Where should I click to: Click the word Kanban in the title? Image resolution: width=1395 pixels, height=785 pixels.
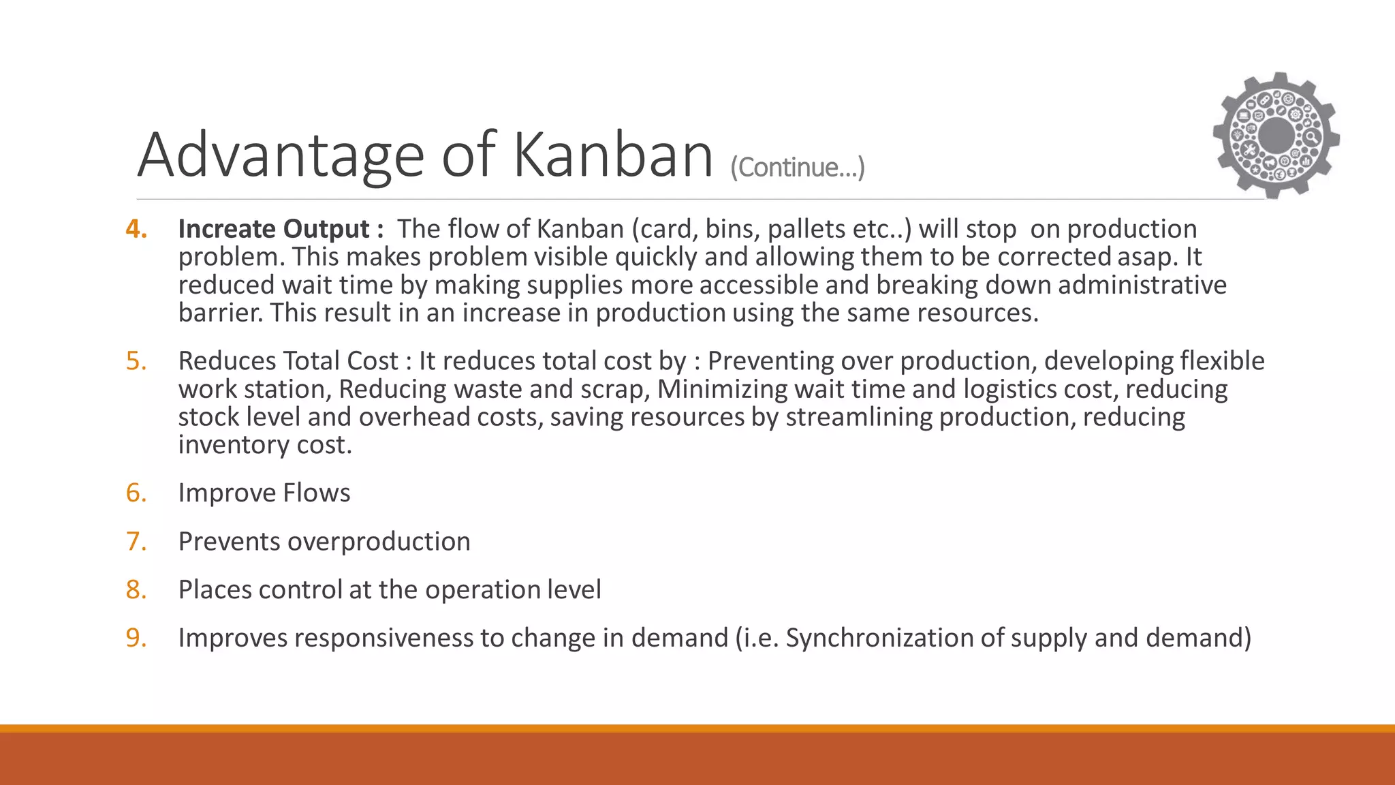tap(612, 155)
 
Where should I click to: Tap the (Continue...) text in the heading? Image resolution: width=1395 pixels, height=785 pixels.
tap(797, 168)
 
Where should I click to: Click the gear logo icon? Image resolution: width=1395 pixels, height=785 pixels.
tap(1276, 135)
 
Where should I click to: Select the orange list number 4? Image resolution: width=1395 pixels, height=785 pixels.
tap(136, 229)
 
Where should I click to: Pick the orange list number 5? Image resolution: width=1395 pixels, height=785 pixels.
tap(136, 361)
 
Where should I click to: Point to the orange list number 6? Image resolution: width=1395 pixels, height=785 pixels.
tap(136, 493)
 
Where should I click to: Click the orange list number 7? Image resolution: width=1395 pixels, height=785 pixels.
tap(136, 541)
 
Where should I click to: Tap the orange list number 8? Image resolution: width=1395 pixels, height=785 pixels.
tap(136, 589)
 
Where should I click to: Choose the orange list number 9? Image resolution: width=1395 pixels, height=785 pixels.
tap(136, 638)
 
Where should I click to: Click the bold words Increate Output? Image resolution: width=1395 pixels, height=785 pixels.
tap(274, 229)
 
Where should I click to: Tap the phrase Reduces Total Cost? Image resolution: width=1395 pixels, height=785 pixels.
tap(287, 361)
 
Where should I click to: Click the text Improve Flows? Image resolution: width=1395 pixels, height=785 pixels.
tap(264, 493)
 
